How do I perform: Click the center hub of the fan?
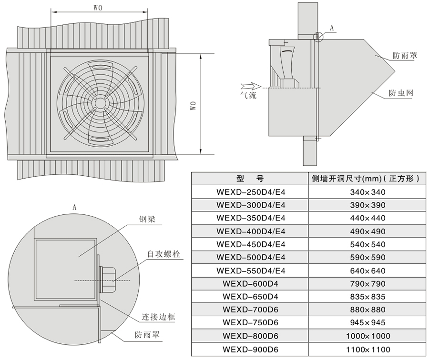click(x=101, y=103)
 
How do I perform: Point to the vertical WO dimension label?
click(x=193, y=105)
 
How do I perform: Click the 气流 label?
click(x=248, y=95)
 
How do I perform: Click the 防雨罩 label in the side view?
click(x=405, y=55)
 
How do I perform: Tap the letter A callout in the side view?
click(x=332, y=28)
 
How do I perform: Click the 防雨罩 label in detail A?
click(x=147, y=335)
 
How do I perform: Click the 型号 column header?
click(x=250, y=179)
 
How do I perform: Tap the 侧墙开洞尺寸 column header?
click(x=365, y=179)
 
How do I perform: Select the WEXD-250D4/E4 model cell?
click(x=250, y=192)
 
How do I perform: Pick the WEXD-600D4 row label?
click(x=250, y=284)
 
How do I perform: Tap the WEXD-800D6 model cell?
click(x=250, y=336)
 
